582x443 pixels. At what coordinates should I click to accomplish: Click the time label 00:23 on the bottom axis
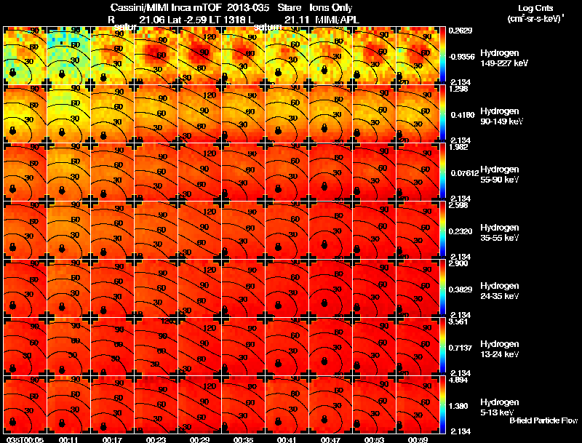click(x=156, y=439)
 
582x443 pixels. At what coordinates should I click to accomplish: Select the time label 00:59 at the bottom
click(x=418, y=439)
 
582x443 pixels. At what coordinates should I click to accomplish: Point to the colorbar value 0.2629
click(x=461, y=30)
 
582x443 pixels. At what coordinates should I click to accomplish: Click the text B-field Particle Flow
click(x=543, y=420)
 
